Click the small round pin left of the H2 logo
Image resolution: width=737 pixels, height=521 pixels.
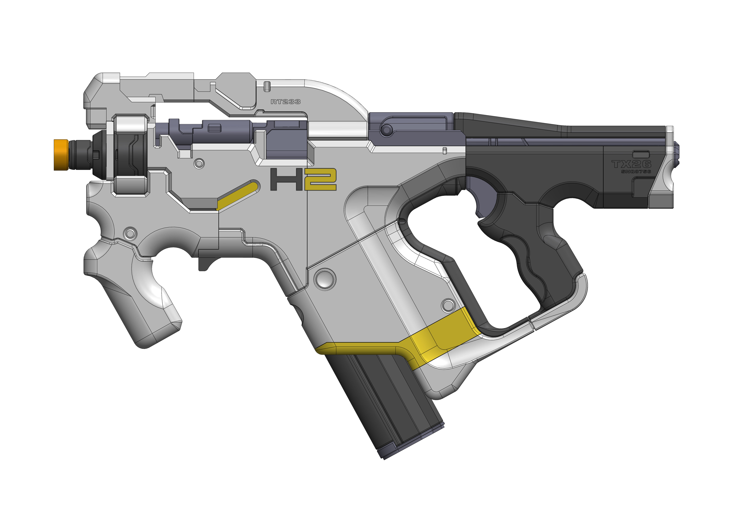coord(199,164)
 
